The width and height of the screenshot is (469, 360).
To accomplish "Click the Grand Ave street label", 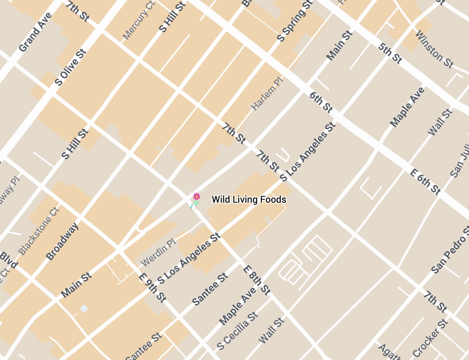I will tap(35, 32).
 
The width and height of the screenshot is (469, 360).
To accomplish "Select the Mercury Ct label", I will tap(139, 20).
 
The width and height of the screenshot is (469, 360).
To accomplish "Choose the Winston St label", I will tap(434, 49).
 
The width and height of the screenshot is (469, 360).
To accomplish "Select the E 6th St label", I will tap(425, 182).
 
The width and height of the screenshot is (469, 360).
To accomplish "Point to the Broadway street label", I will tap(63, 241).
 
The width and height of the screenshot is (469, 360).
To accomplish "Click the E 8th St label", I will tap(256, 280).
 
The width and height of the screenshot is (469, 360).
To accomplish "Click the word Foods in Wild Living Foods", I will tap(273, 200).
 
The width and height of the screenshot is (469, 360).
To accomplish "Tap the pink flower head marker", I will tap(197, 196).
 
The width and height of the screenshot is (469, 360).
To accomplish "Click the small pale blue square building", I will tap(84, 308).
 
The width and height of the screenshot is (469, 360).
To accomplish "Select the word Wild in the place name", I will tap(220, 200).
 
